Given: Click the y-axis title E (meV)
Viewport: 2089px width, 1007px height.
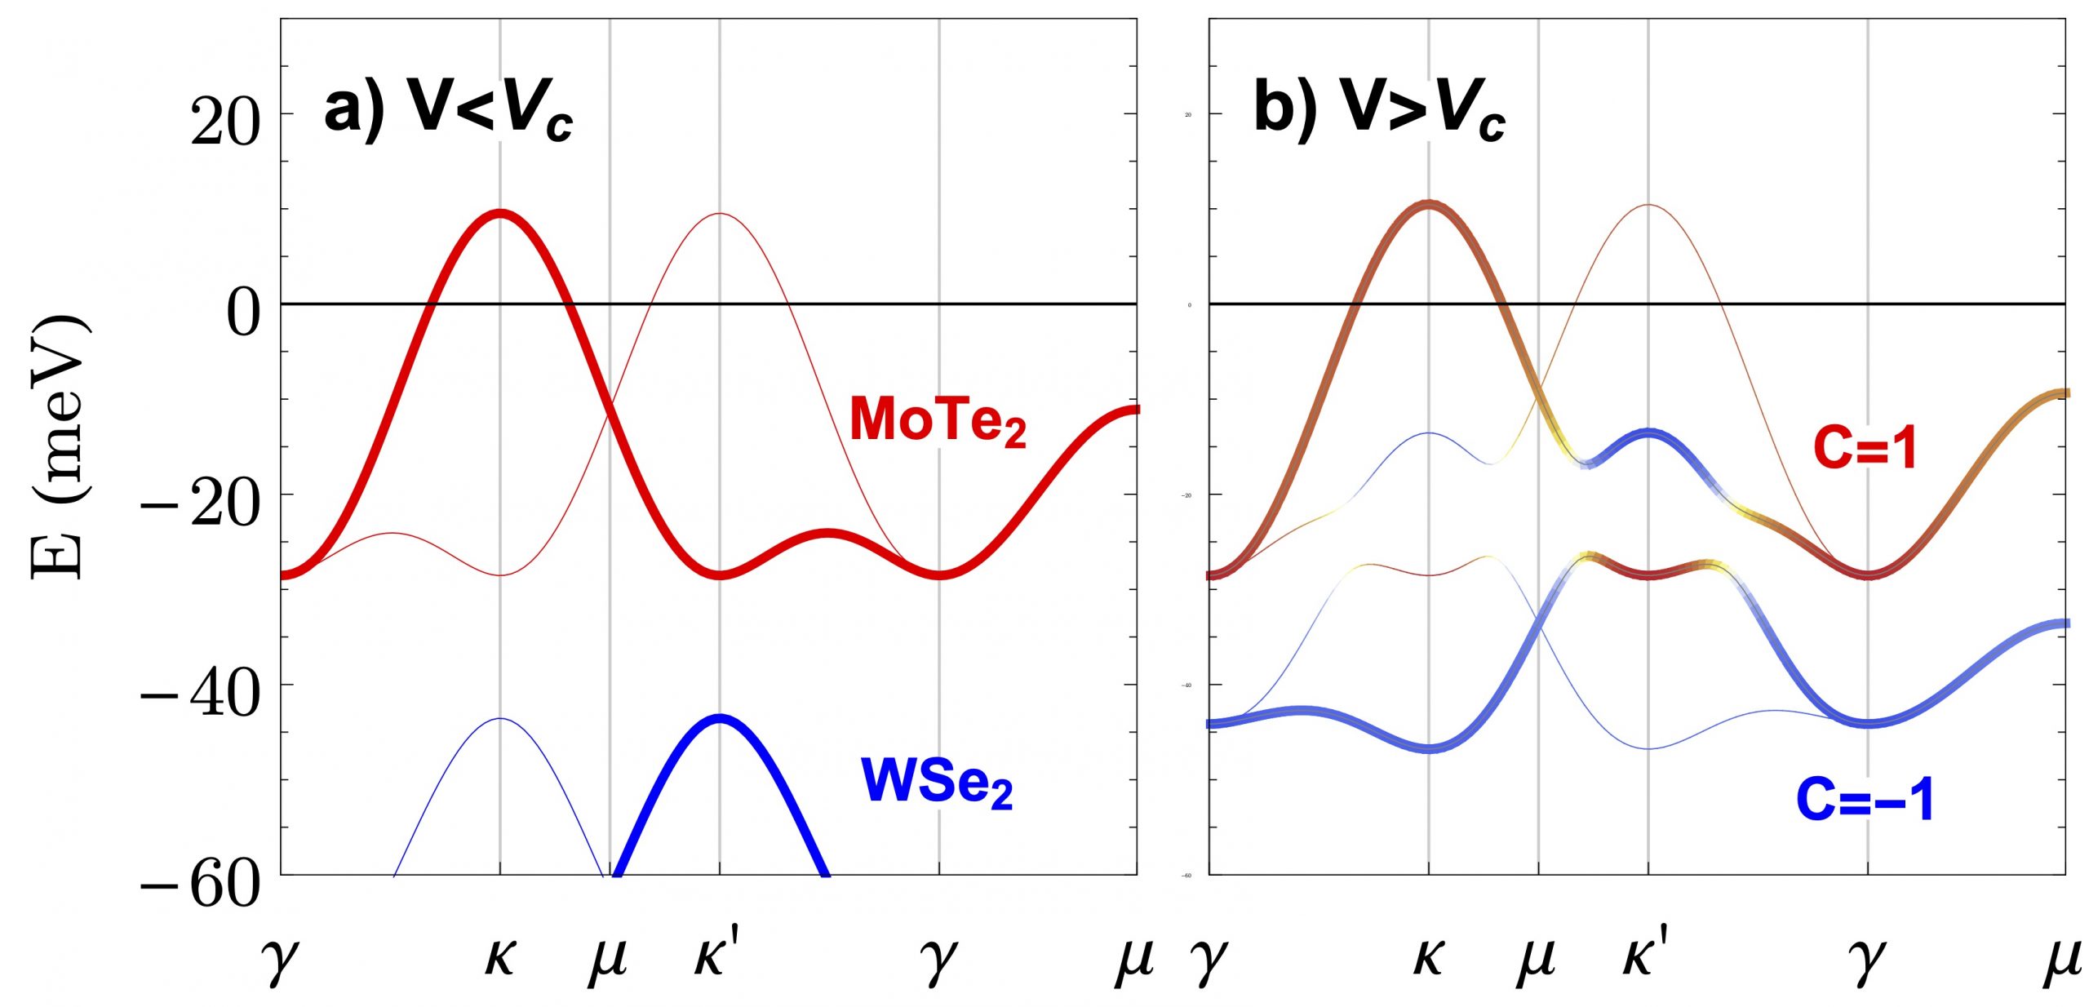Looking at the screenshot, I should click(x=59, y=445).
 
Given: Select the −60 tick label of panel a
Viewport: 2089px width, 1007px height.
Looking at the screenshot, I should click(x=201, y=885).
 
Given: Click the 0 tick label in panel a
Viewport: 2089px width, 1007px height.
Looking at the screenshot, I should click(x=243, y=313).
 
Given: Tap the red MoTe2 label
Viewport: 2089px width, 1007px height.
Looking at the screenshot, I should click(x=938, y=421).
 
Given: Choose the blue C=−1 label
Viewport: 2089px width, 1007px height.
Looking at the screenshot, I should click(x=1865, y=799).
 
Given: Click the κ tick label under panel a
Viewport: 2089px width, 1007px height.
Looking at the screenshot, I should click(x=499, y=958).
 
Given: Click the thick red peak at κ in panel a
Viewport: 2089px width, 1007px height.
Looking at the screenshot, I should click(x=499, y=214).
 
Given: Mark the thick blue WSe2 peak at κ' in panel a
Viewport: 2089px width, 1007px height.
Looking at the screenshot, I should click(x=720, y=719).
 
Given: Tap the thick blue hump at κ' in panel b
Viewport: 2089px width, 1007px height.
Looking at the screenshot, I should click(x=1648, y=433).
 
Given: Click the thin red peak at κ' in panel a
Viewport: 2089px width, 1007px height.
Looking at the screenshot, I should click(x=720, y=214).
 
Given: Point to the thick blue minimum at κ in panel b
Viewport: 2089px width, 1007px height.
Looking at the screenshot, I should click(x=1428, y=747).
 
